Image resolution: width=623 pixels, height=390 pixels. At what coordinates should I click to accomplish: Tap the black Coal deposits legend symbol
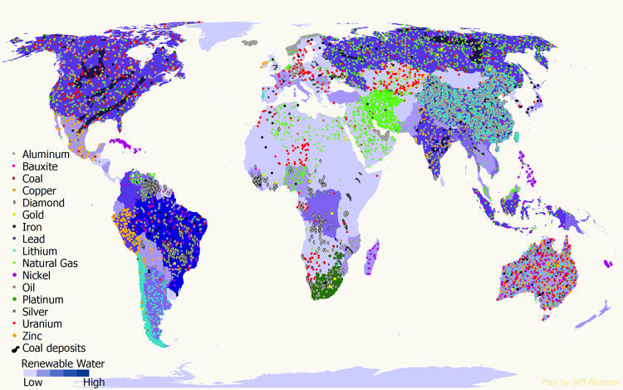point(15,348)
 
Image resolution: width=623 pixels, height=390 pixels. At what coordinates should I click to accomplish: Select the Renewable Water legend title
point(63,363)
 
